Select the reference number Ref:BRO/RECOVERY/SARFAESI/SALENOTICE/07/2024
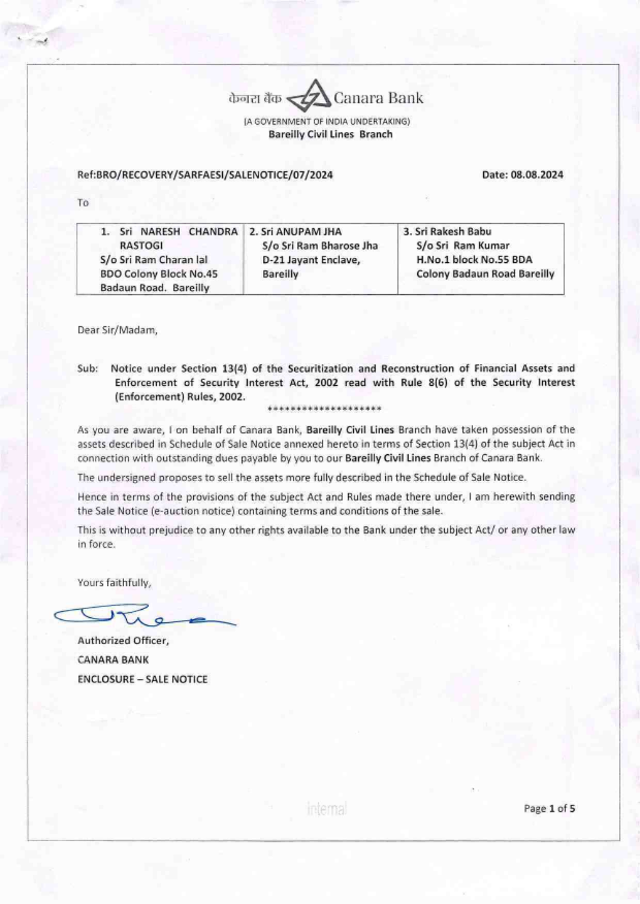tap(205, 175)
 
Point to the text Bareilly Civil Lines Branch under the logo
tap(330, 134)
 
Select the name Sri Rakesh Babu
tap(453, 232)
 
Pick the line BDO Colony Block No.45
tap(159, 274)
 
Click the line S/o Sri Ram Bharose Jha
tap(320, 246)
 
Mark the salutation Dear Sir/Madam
tap(117, 330)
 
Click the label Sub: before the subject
tap(88, 369)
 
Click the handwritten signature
tap(144, 615)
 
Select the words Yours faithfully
tap(115, 582)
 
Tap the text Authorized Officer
tap(123, 640)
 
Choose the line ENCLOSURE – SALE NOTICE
tap(142, 679)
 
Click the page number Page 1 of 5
tap(549, 809)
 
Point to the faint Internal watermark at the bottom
tap(326, 809)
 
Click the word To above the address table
tap(83, 203)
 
